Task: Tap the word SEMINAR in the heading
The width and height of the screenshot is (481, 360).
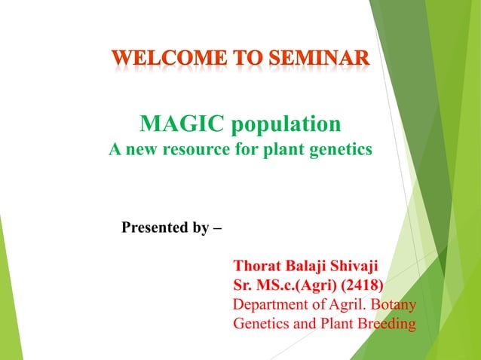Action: point(320,59)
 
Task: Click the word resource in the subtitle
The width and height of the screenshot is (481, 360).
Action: point(191,149)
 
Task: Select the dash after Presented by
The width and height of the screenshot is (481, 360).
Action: point(218,227)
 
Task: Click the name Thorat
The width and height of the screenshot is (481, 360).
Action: point(258,267)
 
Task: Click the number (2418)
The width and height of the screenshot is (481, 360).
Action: point(359,286)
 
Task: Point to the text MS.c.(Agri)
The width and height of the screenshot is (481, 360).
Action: point(292,286)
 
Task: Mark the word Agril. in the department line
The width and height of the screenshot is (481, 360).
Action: point(345,306)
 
